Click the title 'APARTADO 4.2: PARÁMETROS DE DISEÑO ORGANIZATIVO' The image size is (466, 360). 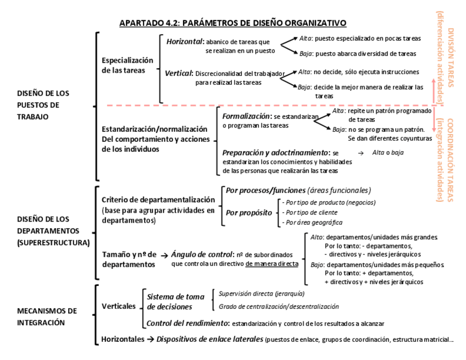(x=232, y=23)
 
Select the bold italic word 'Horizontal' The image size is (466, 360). (x=185, y=41)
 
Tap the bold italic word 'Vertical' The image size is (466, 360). (x=179, y=73)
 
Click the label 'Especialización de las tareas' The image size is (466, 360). (x=127, y=65)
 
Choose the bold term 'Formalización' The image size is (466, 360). (x=247, y=117)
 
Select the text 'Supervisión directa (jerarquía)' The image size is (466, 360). (x=261, y=293)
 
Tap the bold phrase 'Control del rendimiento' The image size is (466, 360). (x=187, y=323)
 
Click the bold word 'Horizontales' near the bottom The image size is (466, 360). (x=123, y=339)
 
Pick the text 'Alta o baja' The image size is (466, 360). (x=387, y=152)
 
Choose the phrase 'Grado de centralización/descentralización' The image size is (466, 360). (x=279, y=307)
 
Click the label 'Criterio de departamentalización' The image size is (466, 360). (x=159, y=200)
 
